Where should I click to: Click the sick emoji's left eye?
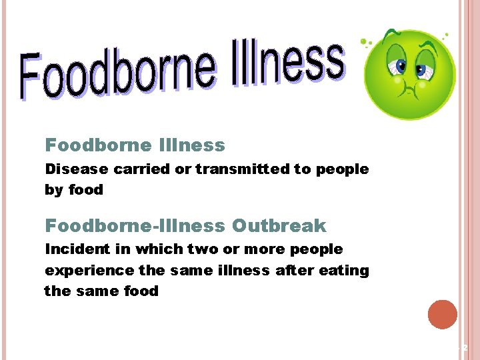[x=401, y=66]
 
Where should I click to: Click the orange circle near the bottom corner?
[x=443, y=315]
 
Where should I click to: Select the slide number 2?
[x=465, y=347]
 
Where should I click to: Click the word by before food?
[x=54, y=190]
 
